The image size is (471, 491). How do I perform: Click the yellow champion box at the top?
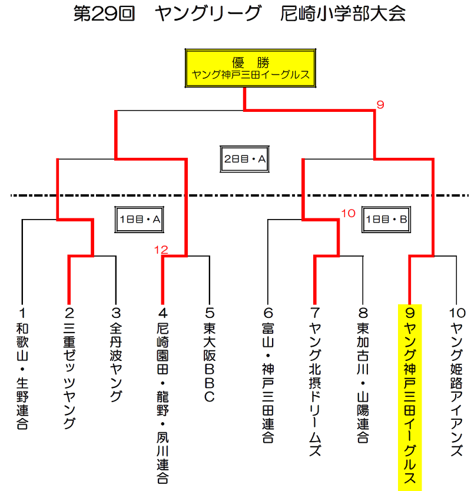[x=250, y=68]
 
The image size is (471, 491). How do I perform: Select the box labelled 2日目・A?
[x=244, y=159]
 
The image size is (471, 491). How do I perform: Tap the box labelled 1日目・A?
[x=140, y=219]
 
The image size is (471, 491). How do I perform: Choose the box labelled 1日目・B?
[x=386, y=219]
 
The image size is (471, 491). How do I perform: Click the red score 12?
[x=161, y=250]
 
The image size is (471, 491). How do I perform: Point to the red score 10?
[x=348, y=214]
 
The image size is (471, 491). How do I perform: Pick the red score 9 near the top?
[x=380, y=105]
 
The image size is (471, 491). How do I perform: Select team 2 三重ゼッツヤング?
[x=69, y=369]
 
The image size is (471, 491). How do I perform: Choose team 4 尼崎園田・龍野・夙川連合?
[x=162, y=396]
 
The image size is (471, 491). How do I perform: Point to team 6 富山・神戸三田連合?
[x=268, y=375]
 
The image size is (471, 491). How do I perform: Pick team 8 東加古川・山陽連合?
[x=363, y=375]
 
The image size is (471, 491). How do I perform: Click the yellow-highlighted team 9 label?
[x=410, y=397]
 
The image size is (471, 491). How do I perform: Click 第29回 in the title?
[x=104, y=14]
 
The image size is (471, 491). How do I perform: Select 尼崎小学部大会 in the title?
[x=343, y=14]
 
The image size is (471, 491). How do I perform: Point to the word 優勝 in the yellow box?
[x=251, y=62]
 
